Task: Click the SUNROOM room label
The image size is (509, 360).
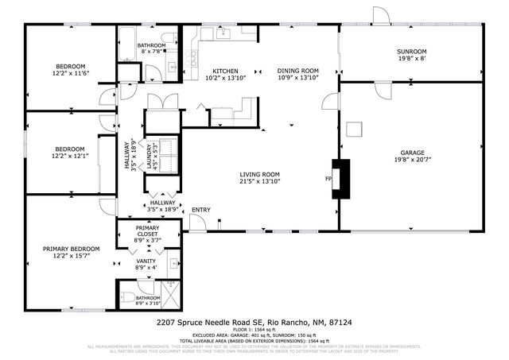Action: (411, 52)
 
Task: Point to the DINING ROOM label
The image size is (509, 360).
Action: (297, 72)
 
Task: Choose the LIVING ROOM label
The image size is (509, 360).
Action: (260, 175)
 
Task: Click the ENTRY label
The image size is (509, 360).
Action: (201, 210)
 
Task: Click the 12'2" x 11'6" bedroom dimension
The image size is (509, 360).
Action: (69, 73)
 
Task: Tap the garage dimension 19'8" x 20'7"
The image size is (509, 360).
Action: (412, 160)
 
